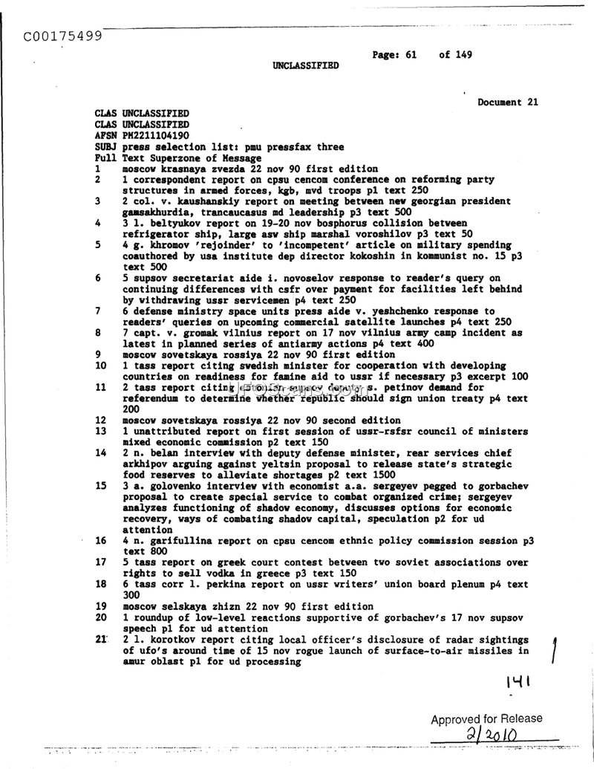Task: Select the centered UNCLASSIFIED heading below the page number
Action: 305,65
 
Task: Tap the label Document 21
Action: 508,103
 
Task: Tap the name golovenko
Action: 172,486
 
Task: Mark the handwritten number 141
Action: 520,681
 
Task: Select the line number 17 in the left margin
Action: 101,562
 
